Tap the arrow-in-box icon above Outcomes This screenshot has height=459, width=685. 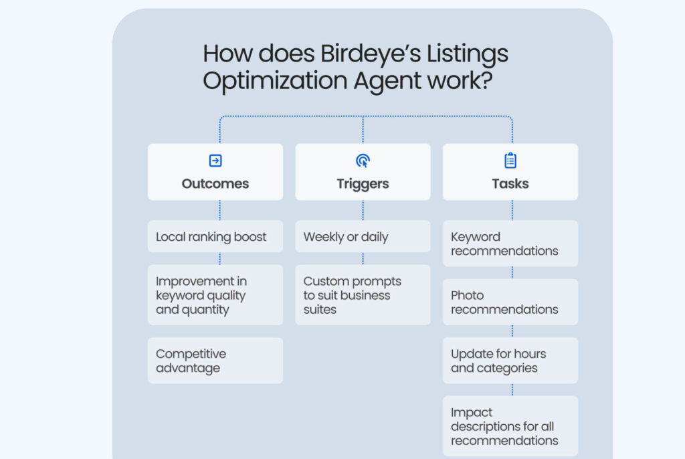point(215,161)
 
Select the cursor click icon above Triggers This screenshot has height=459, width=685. point(363,161)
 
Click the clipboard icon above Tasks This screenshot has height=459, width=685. point(510,161)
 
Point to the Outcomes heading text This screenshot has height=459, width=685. point(215,183)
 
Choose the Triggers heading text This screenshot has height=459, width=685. point(363,183)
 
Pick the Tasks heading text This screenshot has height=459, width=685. point(510,183)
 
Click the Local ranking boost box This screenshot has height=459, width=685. point(215,237)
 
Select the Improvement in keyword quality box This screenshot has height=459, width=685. point(215,295)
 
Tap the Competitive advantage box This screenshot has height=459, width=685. point(215,361)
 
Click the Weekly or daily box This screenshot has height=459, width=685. point(363,237)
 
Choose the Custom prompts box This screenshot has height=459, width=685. point(363,295)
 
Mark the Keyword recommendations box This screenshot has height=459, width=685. point(510,244)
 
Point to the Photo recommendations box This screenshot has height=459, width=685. point(510,302)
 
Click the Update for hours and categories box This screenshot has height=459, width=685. point(510,361)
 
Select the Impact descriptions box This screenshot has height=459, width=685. point(510,426)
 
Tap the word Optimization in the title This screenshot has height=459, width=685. point(275,81)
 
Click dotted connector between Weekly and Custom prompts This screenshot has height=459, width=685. point(363,258)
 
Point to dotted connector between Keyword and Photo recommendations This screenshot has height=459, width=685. point(512,272)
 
